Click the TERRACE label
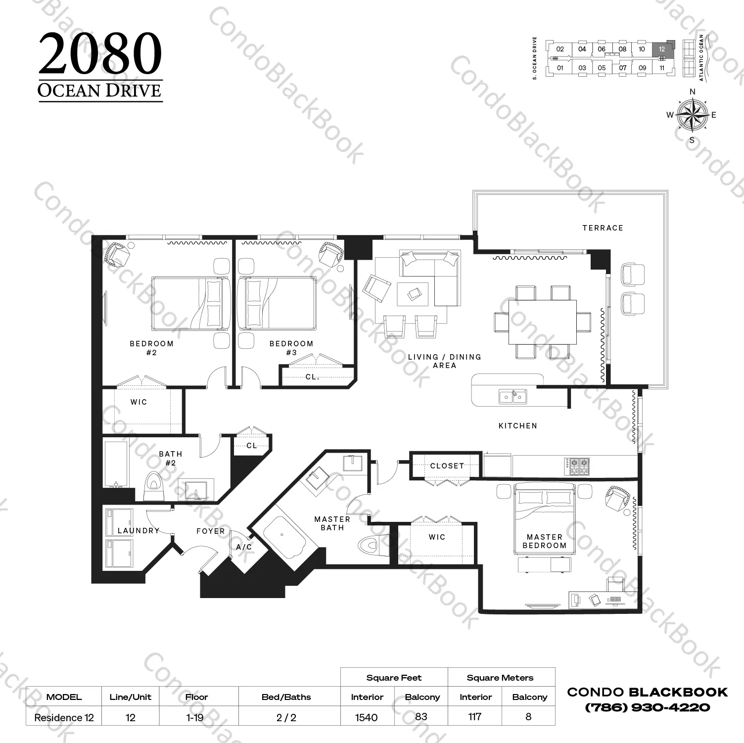point(603,228)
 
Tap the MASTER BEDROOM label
point(545,541)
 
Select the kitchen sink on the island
point(512,396)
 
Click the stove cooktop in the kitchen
point(577,465)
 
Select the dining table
point(542,322)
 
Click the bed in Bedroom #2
point(191,303)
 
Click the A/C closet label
point(244,547)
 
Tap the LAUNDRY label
point(139,531)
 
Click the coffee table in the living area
point(413,294)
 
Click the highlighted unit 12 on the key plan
point(662,49)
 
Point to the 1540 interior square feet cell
point(367,717)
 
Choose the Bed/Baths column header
point(286,697)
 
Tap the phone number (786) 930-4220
point(648,708)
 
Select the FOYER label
point(211,531)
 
